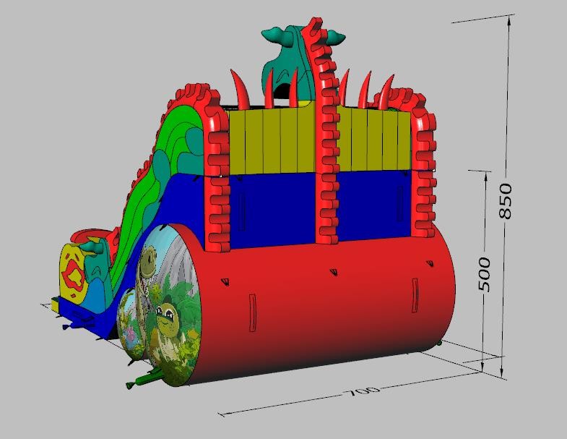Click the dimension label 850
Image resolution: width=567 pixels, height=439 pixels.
click(506, 201)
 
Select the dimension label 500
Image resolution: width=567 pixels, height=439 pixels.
click(485, 275)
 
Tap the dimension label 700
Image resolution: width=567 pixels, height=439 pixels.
click(361, 391)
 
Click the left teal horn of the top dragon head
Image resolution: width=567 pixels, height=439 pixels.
click(274, 35)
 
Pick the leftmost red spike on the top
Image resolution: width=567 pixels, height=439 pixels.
click(239, 89)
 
